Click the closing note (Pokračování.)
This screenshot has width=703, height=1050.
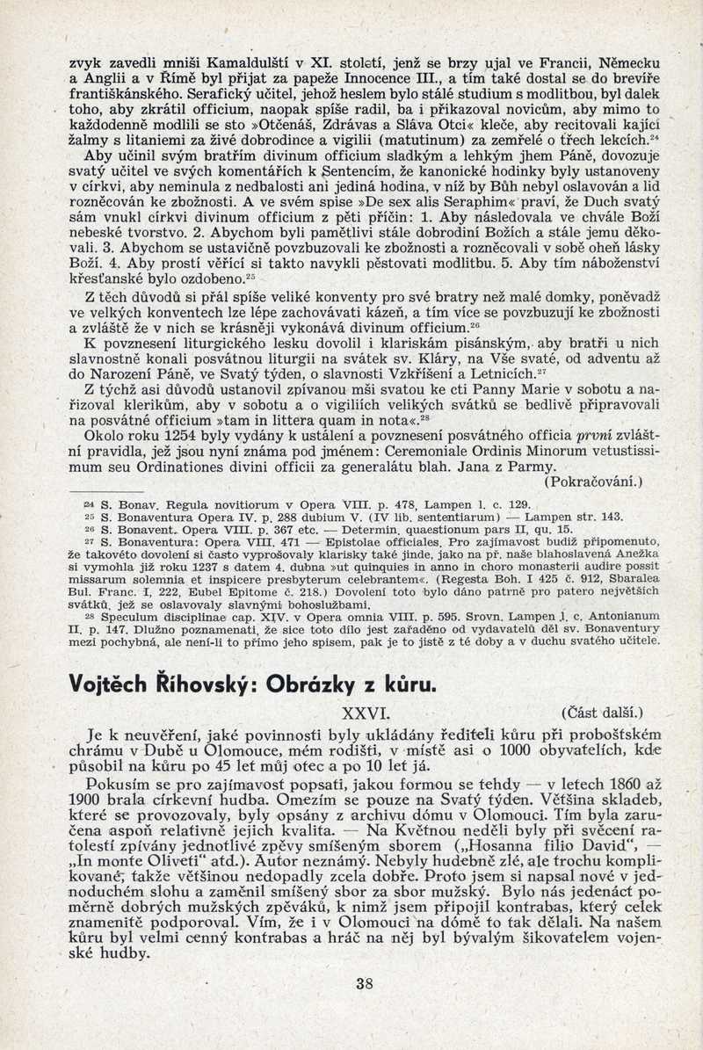point(594,482)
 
